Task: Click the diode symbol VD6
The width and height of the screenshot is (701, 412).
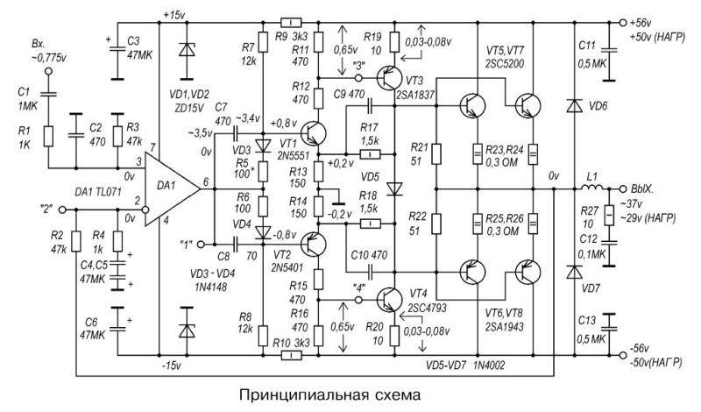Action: [574, 105]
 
